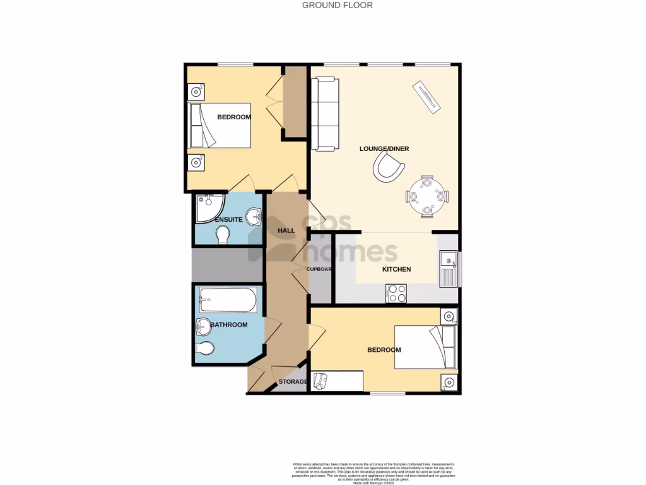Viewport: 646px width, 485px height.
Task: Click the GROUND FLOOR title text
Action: coord(337,5)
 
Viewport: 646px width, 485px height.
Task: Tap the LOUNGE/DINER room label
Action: coord(384,149)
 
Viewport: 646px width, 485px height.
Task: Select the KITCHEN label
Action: coord(396,269)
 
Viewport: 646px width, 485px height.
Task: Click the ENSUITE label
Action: coord(228,219)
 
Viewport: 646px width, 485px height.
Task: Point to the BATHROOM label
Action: coord(228,325)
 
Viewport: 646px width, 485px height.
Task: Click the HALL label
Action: coord(286,231)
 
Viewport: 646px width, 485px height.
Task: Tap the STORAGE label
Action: coord(293,382)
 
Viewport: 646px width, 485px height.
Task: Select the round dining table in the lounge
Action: coord(427,196)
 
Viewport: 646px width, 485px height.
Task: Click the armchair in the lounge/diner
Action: coord(387,169)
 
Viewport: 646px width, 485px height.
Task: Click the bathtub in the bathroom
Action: coord(228,301)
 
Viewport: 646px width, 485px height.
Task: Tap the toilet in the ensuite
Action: coord(222,235)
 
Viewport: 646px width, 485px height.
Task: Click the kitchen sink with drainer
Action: coord(449,268)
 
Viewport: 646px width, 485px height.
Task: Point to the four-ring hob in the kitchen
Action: coord(396,294)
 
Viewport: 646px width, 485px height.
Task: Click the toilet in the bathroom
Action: coord(206,348)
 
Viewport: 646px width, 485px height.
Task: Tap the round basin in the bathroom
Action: coord(204,327)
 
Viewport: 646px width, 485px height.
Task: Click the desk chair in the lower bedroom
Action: coord(320,380)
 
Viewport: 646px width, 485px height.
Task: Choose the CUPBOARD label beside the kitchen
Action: coord(319,269)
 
